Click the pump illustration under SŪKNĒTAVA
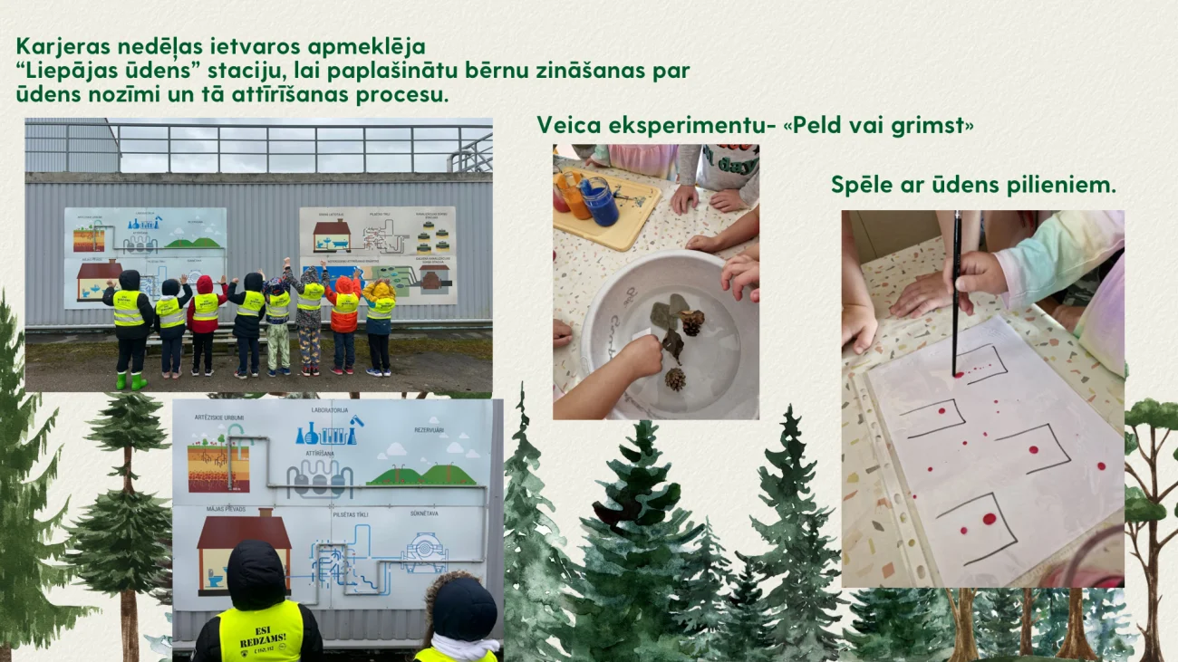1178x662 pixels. coord(424,551)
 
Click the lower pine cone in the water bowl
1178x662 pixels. coord(675,379)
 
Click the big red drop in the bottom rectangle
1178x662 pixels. coord(988,519)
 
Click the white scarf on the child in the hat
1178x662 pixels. coord(465,646)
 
